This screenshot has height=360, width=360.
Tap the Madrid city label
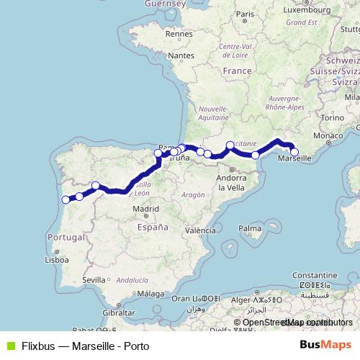coord(145,210)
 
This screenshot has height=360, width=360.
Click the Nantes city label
coord(182,55)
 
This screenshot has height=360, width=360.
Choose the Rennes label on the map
coord(176,34)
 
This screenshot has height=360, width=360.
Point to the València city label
coord(200,231)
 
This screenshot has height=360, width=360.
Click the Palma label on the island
coord(249,228)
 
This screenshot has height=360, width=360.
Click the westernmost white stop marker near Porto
coord(66,199)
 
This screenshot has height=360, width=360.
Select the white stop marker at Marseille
coord(294,151)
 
